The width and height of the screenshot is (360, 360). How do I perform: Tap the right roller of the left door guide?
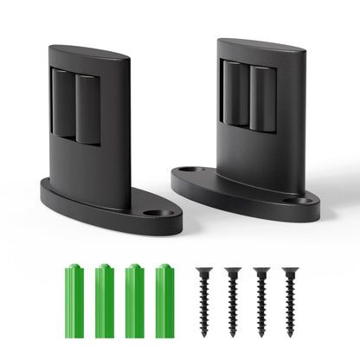point(87,108)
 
